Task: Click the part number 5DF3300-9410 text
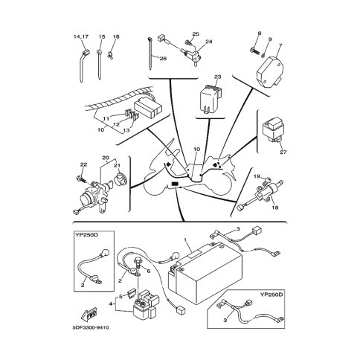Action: [x=91, y=328]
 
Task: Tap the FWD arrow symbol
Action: [x=89, y=314]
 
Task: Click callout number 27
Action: [x=283, y=152]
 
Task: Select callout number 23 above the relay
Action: [x=217, y=77]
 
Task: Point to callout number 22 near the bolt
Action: [x=83, y=164]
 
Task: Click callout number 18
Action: [x=275, y=208]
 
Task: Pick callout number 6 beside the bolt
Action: [x=149, y=271]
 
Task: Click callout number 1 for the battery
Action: [x=185, y=240]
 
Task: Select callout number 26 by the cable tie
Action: [x=163, y=59]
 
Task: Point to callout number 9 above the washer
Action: [x=270, y=39]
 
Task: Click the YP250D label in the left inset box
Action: [x=86, y=234]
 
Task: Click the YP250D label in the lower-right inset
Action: [x=271, y=295]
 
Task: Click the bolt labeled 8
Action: [x=255, y=51]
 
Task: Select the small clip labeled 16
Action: [x=110, y=56]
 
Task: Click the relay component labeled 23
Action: [x=210, y=98]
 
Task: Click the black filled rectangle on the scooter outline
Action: [x=175, y=184]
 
